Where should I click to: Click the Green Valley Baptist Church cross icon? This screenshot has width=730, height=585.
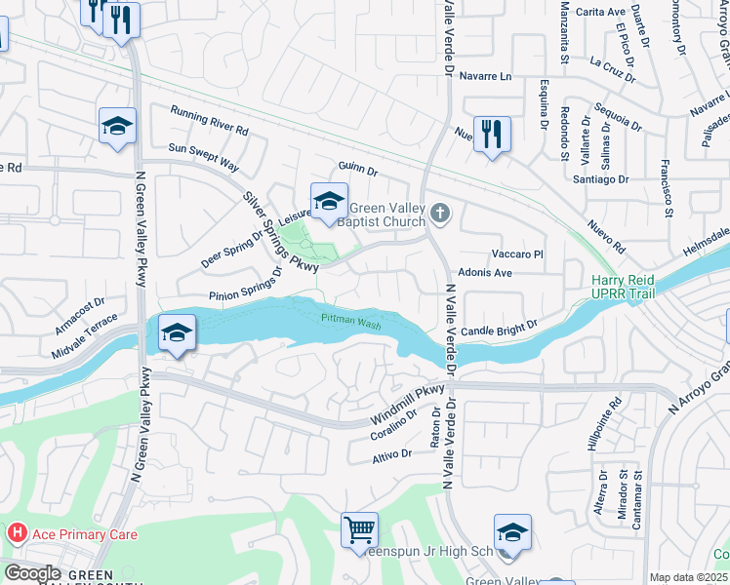click(440, 213)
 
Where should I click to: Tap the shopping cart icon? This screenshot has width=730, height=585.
click(359, 530)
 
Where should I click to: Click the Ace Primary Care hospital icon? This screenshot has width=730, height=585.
click(17, 534)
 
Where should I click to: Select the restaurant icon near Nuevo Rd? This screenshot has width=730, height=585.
click(492, 134)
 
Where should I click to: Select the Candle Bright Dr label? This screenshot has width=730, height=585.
click(500, 330)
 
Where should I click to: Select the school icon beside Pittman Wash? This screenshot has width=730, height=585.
click(176, 333)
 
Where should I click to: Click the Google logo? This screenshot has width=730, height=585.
click(32, 573)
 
